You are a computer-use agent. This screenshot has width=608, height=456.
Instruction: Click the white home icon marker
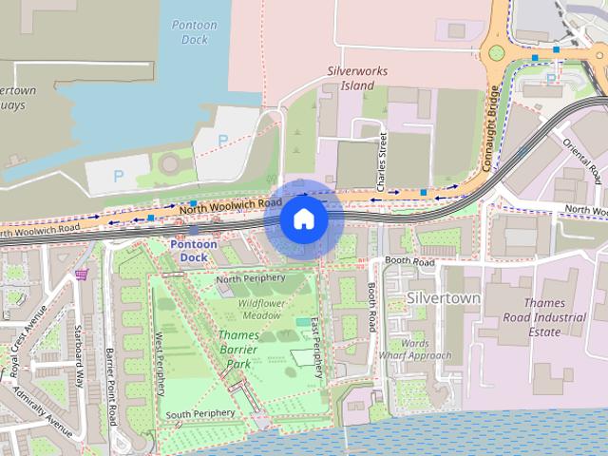(x=303, y=219)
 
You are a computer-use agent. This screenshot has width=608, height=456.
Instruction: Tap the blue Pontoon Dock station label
(x=194, y=251)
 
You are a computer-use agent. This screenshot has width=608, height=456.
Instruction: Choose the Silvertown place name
(x=444, y=297)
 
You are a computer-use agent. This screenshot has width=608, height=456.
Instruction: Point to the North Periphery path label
(x=251, y=278)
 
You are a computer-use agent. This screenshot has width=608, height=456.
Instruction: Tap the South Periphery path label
(x=199, y=415)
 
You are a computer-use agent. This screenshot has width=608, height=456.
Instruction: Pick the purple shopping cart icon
(x=83, y=274)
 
